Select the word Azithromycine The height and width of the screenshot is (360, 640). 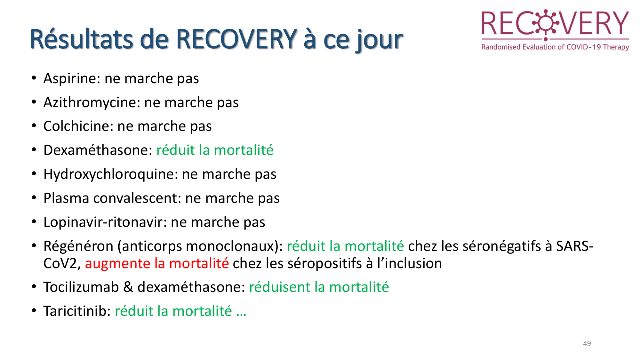point(92,103)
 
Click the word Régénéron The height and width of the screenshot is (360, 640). point(78,246)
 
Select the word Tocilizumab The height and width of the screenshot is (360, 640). point(81,287)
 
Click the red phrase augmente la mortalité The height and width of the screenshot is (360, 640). point(157,264)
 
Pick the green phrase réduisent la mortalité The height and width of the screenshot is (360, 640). point(319,287)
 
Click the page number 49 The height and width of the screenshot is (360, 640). point(587,343)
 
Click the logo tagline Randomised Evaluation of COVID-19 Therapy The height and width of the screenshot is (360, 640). point(555,47)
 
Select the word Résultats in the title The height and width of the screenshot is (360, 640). point(81,39)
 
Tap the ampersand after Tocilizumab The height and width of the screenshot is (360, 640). point(128,287)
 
